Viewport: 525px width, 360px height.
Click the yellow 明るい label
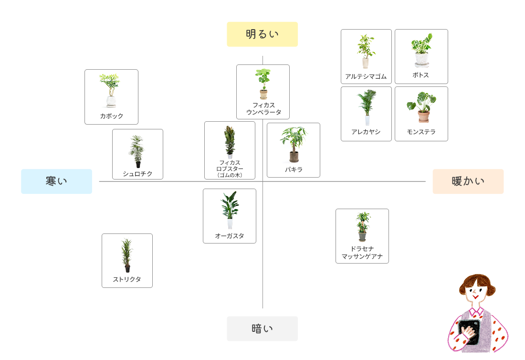(x=262, y=34)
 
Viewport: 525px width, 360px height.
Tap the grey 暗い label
(x=262, y=328)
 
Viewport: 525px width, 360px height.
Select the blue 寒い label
(x=56, y=181)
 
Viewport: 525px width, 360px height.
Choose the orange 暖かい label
(x=468, y=181)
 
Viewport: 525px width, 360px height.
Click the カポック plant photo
(x=110, y=90)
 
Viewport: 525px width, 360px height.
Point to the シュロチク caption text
(x=137, y=174)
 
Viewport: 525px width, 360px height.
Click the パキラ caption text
(x=294, y=169)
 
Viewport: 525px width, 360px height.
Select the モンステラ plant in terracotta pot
(x=422, y=107)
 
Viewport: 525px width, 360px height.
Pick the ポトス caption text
(x=421, y=75)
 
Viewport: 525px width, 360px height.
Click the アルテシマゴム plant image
(x=366, y=51)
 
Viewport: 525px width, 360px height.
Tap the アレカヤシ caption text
(x=366, y=132)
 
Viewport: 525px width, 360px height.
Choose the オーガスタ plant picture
(x=230, y=210)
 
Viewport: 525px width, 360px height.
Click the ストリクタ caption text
(x=127, y=279)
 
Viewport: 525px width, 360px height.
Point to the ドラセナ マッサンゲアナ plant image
(x=363, y=226)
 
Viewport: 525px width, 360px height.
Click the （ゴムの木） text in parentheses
(x=230, y=175)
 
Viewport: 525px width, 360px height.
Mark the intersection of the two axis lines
(x=262, y=181)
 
